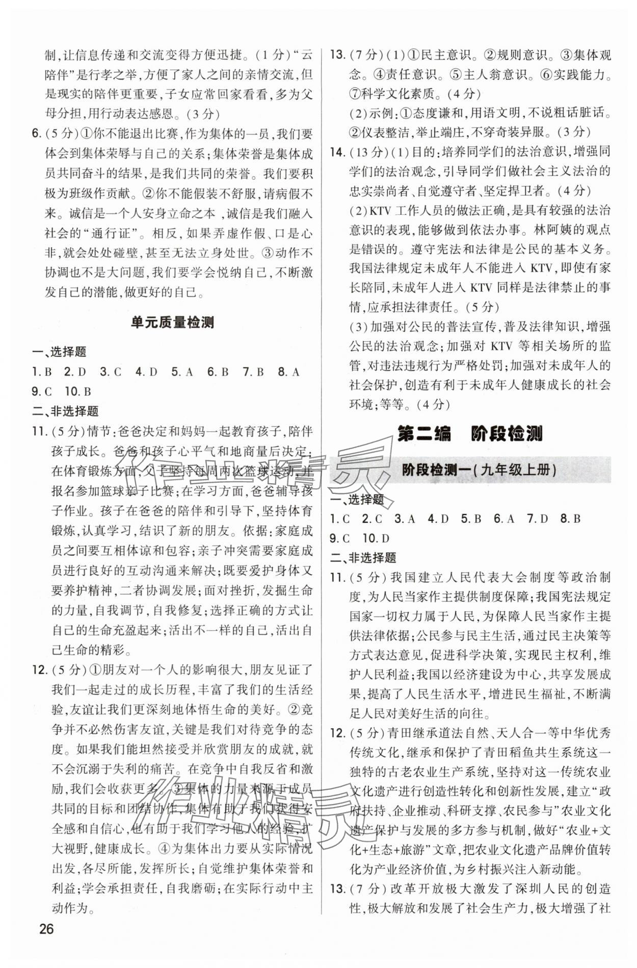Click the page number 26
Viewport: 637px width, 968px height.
coord(46,928)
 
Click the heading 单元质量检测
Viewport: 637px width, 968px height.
coord(172,322)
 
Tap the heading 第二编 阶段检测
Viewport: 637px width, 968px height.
coord(469,433)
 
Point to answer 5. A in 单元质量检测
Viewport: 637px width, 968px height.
coord(182,372)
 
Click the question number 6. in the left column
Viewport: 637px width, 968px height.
coord(37,134)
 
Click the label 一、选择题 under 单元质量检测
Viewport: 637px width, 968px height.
coord(59,352)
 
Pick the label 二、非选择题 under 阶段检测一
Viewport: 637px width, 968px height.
coord(363,558)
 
